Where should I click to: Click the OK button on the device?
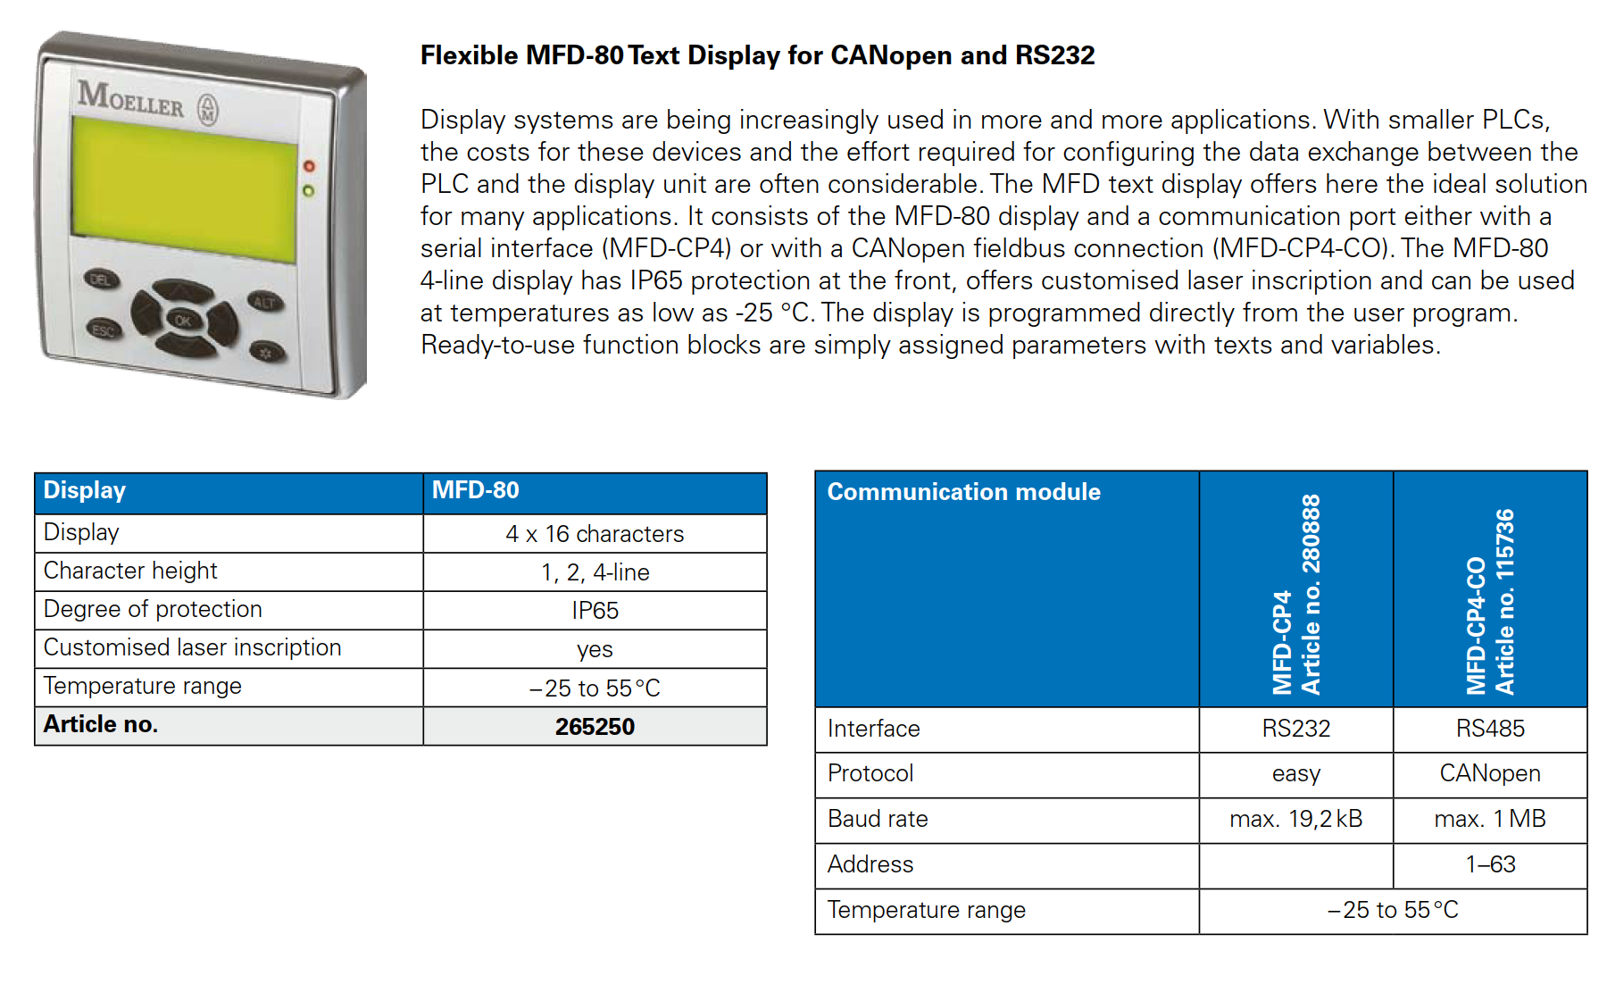point(182,321)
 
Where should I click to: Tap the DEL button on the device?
point(101,279)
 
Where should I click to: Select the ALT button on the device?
point(264,302)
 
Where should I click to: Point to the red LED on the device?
point(309,166)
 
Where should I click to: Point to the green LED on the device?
point(308,190)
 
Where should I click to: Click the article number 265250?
point(595,727)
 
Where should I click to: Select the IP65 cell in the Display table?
point(595,611)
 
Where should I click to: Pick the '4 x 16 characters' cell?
point(595,534)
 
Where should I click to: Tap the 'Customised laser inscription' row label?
point(193,647)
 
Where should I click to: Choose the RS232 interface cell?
point(1295,729)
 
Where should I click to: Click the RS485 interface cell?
point(1490,729)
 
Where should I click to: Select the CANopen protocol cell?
point(1490,773)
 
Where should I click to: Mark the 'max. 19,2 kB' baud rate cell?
point(1295,819)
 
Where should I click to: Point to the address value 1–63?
point(1490,864)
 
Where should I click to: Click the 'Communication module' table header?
point(963,492)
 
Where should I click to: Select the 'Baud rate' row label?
point(878,819)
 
